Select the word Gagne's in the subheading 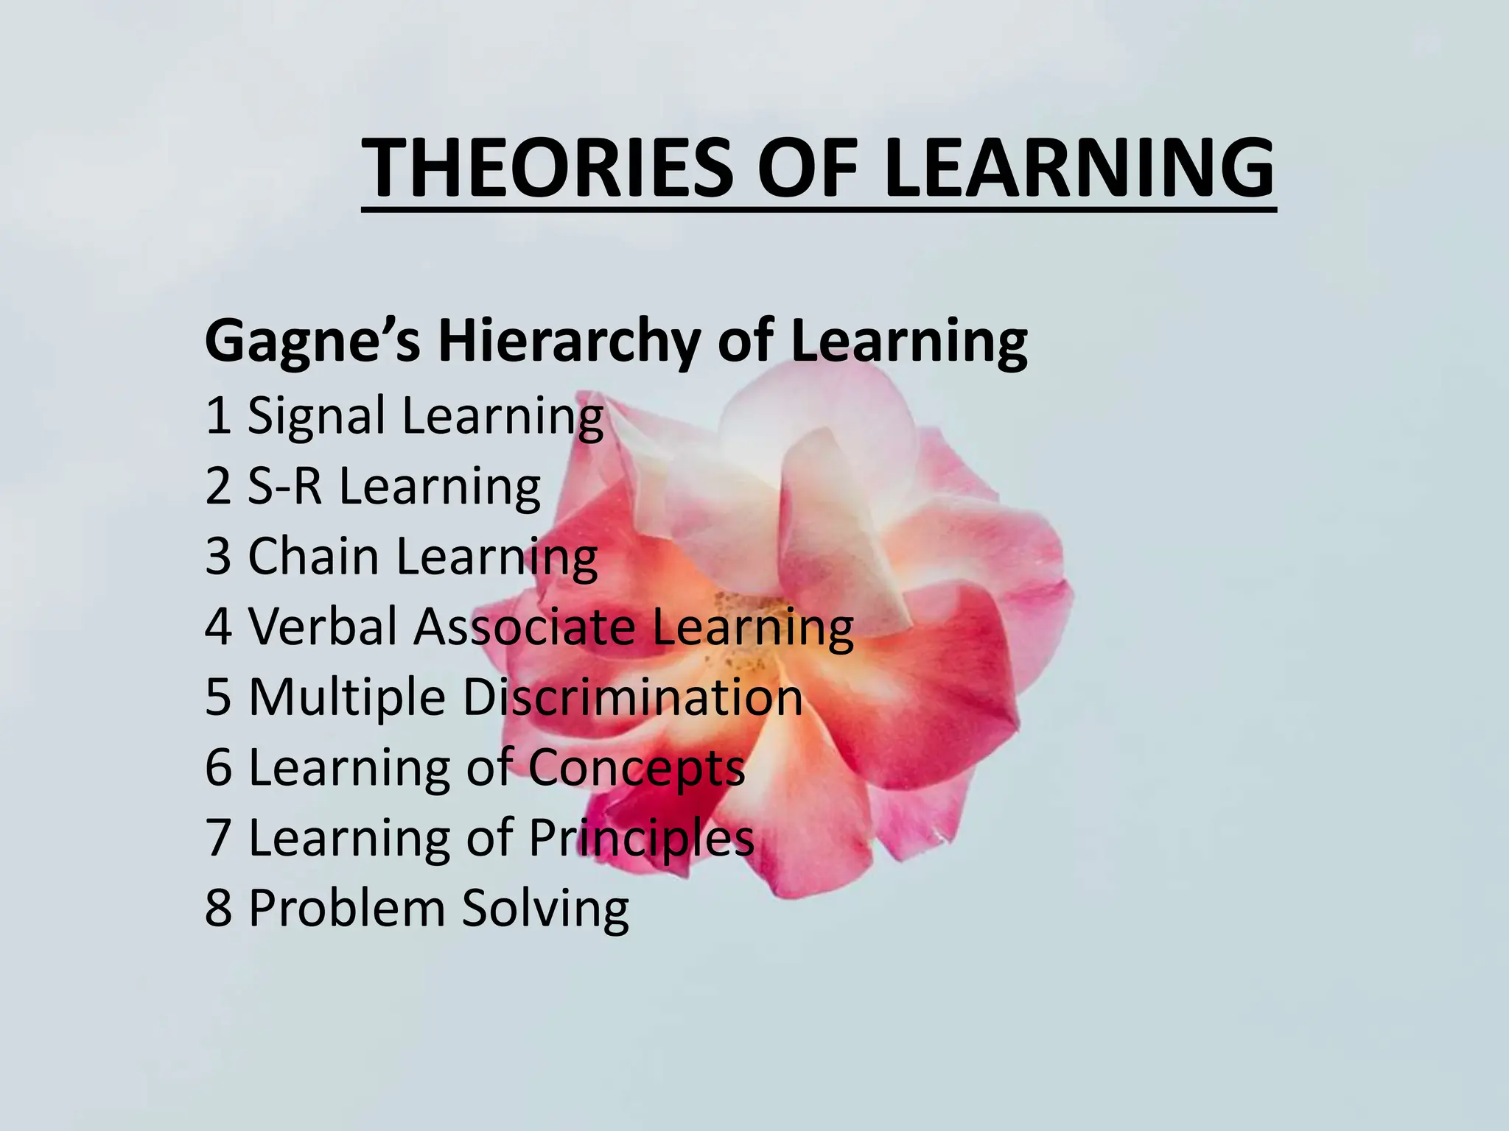pos(312,342)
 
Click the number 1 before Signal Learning pos(218,415)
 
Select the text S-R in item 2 pos(284,486)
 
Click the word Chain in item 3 pos(313,556)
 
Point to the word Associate pos(524,627)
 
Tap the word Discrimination pos(632,697)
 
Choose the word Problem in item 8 pos(347,908)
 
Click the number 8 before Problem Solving pos(219,908)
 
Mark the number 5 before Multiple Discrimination pos(219,697)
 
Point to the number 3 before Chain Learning pos(218,556)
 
